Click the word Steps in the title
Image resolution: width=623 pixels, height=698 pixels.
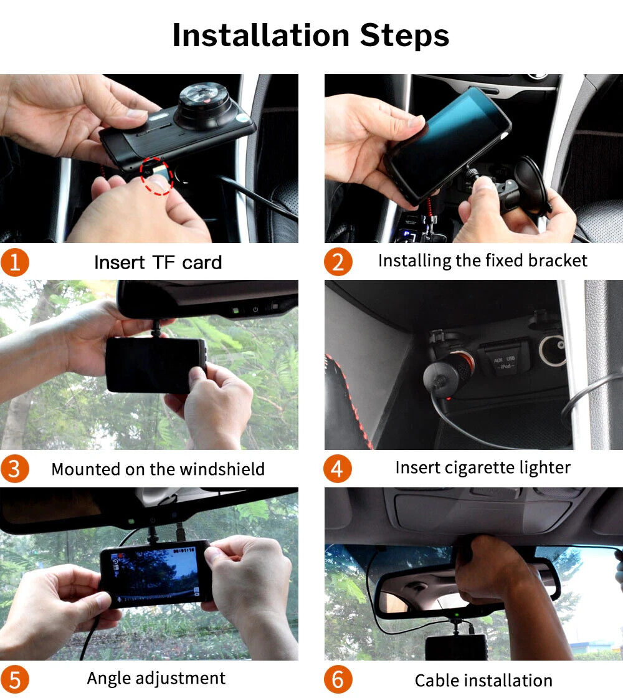point(404,36)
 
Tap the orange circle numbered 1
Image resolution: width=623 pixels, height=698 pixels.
point(14,262)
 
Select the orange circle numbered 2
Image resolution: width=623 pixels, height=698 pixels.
point(338,262)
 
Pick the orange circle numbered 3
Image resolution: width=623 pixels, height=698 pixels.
point(14,469)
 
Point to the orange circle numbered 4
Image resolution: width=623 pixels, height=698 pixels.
point(338,468)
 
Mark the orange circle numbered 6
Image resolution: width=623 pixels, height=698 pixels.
point(338,679)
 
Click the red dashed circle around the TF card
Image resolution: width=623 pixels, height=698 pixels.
point(156,176)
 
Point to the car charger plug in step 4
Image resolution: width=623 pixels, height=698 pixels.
point(447,375)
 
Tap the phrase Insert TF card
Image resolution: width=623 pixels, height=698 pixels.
point(158,262)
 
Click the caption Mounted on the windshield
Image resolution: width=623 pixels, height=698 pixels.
point(158,469)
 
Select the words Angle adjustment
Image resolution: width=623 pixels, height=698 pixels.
point(156,678)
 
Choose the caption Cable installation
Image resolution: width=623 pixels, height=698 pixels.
point(483,680)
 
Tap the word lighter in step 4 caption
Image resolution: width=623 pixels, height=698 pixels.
point(544,467)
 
